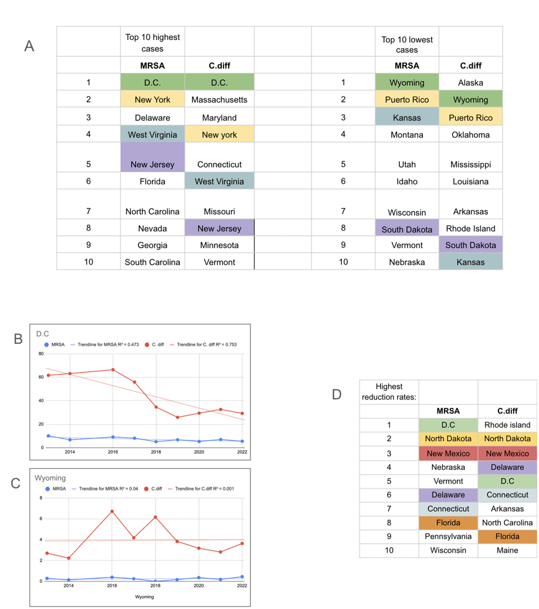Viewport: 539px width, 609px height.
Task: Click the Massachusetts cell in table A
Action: (219, 99)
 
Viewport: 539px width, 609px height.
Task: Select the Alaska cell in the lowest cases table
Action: (470, 82)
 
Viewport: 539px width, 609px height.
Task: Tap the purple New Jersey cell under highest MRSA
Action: (152, 157)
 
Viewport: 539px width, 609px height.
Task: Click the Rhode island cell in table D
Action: (507, 425)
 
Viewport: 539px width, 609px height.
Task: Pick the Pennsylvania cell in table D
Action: (448, 536)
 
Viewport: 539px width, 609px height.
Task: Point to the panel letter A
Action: (29, 46)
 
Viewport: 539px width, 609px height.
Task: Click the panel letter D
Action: (337, 395)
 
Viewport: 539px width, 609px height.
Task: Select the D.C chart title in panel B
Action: (42, 334)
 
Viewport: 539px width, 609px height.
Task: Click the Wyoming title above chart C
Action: (50, 478)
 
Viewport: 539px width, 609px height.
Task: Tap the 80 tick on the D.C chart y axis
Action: (41, 353)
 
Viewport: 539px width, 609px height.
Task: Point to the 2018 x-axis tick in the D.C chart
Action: (156, 452)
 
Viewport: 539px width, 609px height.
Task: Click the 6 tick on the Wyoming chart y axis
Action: (41, 519)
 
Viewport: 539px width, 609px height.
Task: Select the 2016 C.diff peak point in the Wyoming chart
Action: (112, 511)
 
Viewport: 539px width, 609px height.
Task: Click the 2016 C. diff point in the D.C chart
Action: (113, 370)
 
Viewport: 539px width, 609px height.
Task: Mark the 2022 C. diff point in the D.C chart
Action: (242, 413)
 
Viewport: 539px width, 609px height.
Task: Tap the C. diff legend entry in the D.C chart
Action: (154, 344)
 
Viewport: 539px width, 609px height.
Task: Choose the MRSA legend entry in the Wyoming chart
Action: (56, 489)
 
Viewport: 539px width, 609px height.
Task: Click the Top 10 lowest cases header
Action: (407, 45)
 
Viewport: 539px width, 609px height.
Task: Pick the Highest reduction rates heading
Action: (389, 391)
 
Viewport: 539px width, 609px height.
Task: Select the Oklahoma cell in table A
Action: (470, 135)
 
